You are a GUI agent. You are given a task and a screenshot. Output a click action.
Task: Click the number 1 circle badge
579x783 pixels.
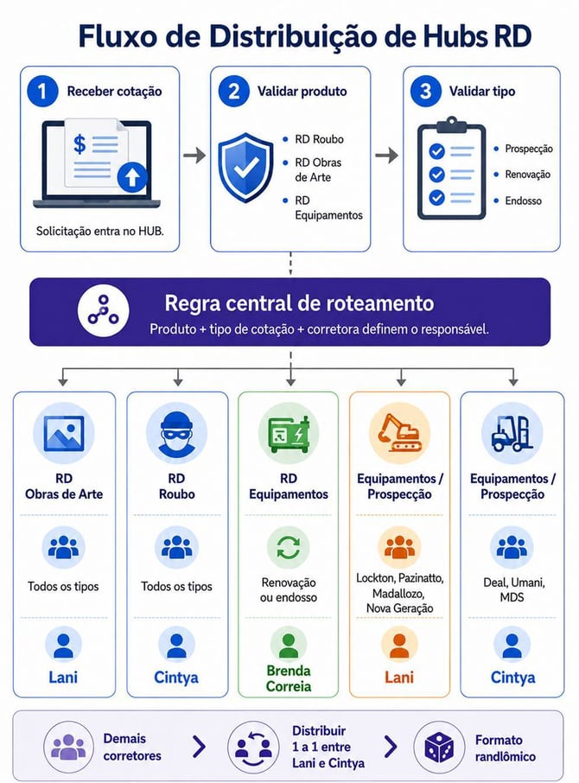(42, 92)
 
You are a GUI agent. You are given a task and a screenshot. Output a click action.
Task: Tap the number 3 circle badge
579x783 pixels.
(425, 92)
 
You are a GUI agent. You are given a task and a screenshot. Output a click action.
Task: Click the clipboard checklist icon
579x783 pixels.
(451, 169)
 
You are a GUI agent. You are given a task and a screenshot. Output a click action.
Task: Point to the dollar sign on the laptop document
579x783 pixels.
(80, 143)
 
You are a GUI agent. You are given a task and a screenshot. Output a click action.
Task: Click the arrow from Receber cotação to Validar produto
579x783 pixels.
(194, 156)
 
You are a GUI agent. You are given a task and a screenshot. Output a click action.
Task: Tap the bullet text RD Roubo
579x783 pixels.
(319, 139)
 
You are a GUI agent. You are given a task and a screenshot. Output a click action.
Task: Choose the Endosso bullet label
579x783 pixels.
(523, 201)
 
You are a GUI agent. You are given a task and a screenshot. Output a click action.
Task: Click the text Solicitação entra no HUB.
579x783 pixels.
(100, 232)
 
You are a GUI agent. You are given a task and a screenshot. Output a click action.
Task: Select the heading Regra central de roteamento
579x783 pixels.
(299, 303)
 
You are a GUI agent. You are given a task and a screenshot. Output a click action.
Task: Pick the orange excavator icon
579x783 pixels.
(399, 432)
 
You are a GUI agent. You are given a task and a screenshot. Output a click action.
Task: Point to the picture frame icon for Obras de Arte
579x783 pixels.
(63, 433)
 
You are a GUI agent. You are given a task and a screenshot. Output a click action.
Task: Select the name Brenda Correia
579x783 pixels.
(289, 678)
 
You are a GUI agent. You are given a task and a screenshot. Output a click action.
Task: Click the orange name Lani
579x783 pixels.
(399, 678)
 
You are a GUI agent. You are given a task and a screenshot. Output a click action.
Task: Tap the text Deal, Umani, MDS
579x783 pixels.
(512, 589)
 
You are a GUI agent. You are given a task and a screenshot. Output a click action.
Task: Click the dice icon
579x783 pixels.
(439, 748)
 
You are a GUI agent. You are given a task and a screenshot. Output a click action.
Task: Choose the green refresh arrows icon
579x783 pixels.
(288, 547)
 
